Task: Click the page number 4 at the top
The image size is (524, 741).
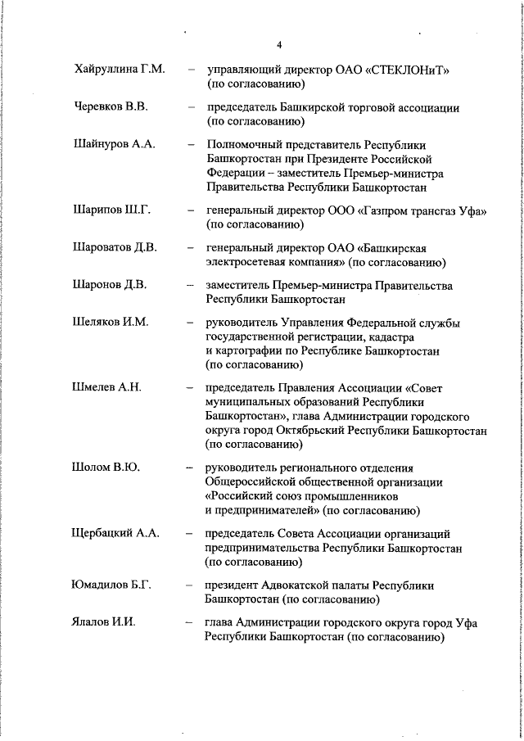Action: pos(279,45)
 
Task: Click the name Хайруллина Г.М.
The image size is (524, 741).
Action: pos(119,70)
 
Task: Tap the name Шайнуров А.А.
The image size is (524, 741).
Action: pos(114,144)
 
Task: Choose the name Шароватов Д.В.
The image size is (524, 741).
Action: pos(115,248)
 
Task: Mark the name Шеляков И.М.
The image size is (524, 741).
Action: pos(111,323)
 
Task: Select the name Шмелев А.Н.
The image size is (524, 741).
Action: pos(107,387)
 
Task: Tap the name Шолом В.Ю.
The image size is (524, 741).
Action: pos(106,467)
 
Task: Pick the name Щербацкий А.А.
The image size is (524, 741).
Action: pos(115,533)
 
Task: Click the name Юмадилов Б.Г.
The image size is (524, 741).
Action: pos(112,585)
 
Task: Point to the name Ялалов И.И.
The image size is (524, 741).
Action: pos(104,622)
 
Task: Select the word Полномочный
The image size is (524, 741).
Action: pos(243,144)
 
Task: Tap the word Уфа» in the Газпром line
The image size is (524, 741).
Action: pos(472,211)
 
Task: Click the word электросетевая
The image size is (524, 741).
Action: pos(246,263)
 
